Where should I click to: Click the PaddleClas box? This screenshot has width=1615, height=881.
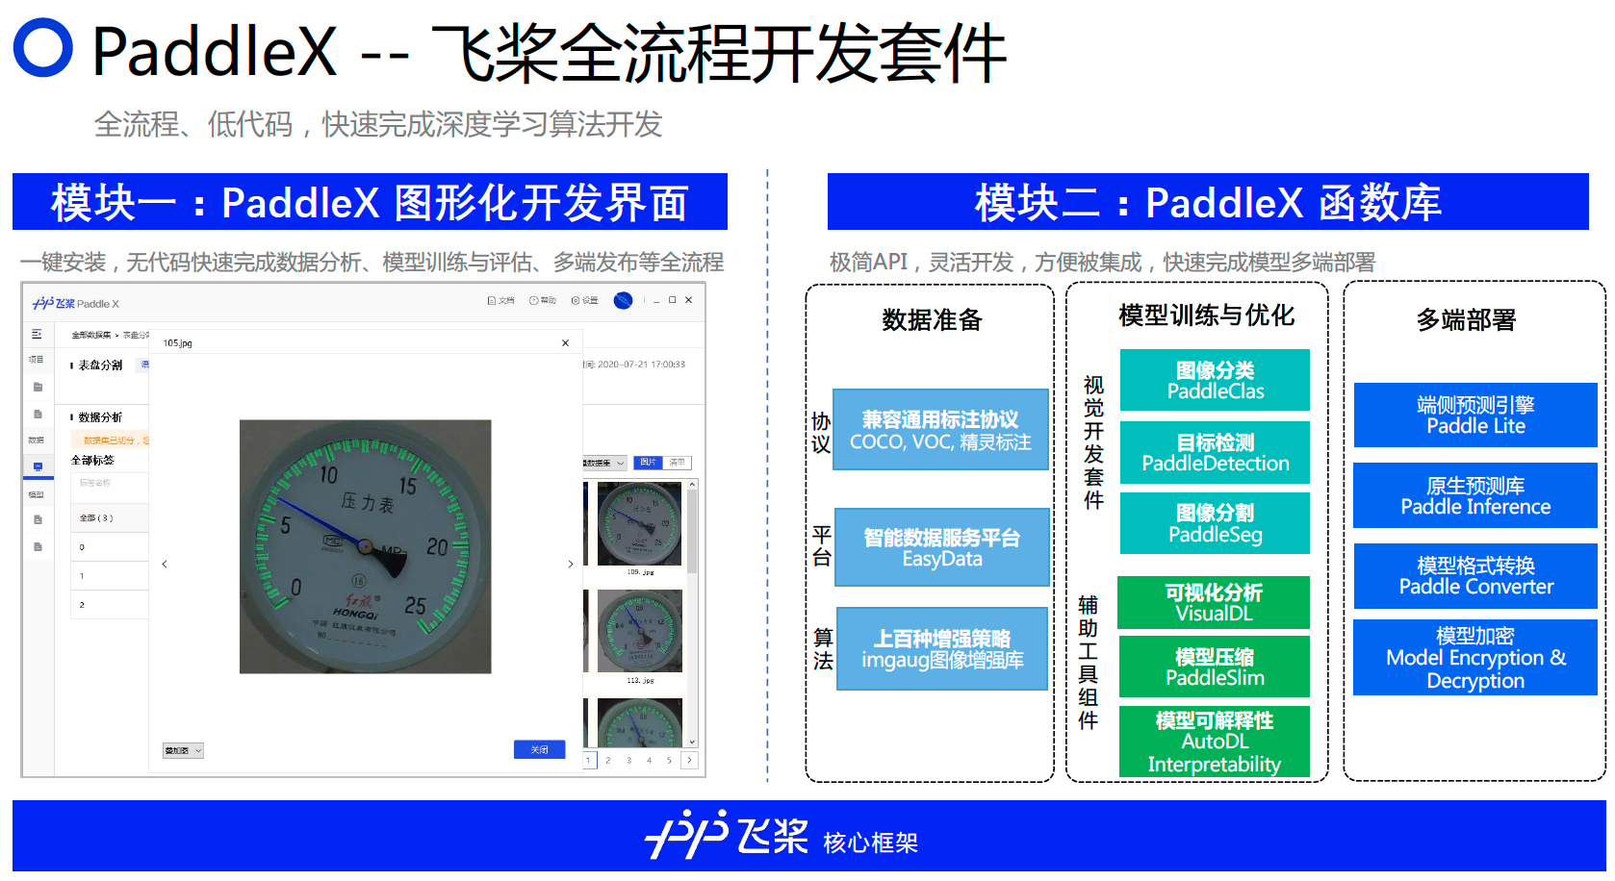point(1215,380)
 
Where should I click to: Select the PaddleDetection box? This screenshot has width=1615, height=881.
point(1215,452)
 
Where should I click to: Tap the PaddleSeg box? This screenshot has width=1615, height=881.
point(1215,523)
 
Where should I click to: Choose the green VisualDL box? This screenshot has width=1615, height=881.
point(1214,602)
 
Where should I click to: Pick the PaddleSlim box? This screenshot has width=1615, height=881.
point(1214,667)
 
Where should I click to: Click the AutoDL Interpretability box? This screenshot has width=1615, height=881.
point(1214,742)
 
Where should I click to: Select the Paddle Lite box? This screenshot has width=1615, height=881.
point(1475,415)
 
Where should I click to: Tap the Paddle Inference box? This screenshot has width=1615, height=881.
point(1475,495)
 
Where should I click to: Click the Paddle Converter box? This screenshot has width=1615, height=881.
point(1475,576)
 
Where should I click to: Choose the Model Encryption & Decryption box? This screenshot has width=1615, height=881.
point(1475,658)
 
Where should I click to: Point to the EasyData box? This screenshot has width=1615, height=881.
point(941,547)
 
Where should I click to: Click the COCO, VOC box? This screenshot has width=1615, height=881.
point(940,429)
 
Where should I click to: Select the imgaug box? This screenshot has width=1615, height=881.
point(942,648)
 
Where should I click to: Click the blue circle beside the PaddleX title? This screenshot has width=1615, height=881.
point(43,47)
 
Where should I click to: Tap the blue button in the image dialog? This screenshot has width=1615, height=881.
point(539,749)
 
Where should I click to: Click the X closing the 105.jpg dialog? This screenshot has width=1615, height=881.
point(565,342)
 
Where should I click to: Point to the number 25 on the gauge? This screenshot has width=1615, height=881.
point(415,606)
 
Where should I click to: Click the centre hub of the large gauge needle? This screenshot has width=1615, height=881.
point(364,546)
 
